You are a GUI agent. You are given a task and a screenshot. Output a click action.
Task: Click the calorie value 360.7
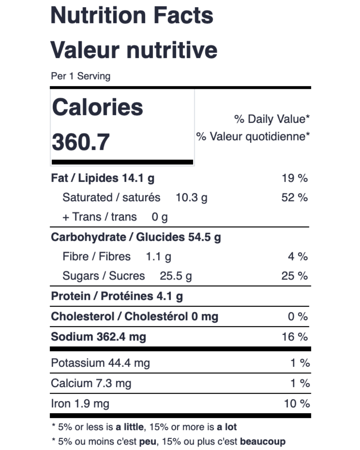coord(81,142)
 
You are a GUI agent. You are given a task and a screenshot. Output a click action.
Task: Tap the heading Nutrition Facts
coord(132,15)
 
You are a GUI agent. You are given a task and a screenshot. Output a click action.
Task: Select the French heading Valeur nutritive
coord(134,50)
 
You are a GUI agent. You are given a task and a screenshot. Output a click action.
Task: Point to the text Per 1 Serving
coord(81,76)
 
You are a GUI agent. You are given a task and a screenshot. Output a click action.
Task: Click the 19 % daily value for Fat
coord(295,178)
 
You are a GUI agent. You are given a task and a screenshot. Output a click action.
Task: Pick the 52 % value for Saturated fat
coord(295,197)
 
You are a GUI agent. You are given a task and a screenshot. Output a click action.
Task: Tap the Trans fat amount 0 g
coord(160,217)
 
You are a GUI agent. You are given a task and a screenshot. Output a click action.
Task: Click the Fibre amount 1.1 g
coord(159,257)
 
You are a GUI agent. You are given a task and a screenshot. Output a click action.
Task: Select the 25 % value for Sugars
coord(295,276)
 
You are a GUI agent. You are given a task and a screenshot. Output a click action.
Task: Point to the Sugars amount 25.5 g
coord(176,276)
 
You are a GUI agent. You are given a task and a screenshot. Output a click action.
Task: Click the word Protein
coord(71,296)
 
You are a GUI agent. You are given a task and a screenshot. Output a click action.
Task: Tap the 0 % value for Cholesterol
coord(298,316)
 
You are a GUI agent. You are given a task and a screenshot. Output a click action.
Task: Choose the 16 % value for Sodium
coord(295,337)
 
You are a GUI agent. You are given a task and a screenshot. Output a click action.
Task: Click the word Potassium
coord(78,363)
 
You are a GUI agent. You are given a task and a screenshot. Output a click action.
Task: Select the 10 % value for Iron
coord(297,404)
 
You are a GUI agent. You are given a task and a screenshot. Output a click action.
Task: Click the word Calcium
coord(72,383)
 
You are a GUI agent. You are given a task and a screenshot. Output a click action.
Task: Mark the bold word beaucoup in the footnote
coord(263,442)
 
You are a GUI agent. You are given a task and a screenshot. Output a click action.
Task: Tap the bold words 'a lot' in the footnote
coord(227,427)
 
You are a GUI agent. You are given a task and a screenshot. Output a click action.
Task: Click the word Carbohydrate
coord(88,237)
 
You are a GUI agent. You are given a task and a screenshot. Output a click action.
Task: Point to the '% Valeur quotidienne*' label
coord(253,137)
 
